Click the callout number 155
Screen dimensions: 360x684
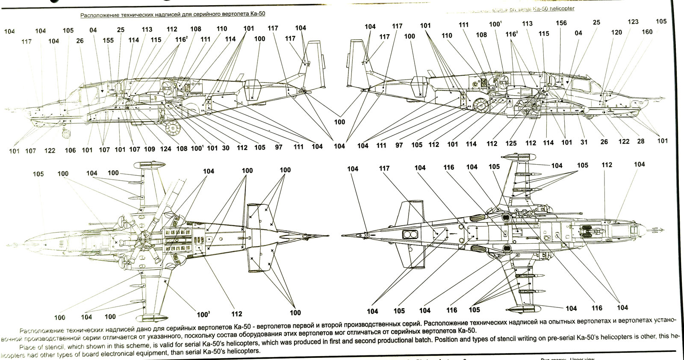[x=108, y=40]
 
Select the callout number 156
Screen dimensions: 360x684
[x=561, y=23]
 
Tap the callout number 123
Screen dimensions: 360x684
[x=633, y=22]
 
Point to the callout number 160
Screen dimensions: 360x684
[x=647, y=32]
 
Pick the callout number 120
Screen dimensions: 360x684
[x=616, y=32]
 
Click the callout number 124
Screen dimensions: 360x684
[x=165, y=149]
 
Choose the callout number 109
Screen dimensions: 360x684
[x=149, y=149]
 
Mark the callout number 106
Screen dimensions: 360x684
[x=70, y=150]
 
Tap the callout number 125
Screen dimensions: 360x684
[x=511, y=143]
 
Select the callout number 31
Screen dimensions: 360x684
[x=584, y=142]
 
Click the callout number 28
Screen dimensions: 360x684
[x=641, y=141]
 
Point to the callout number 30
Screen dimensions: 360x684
[x=226, y=148]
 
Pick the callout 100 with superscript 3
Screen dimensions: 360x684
[x=203, y=315]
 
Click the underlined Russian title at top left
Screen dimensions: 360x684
[x=173, y=14]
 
